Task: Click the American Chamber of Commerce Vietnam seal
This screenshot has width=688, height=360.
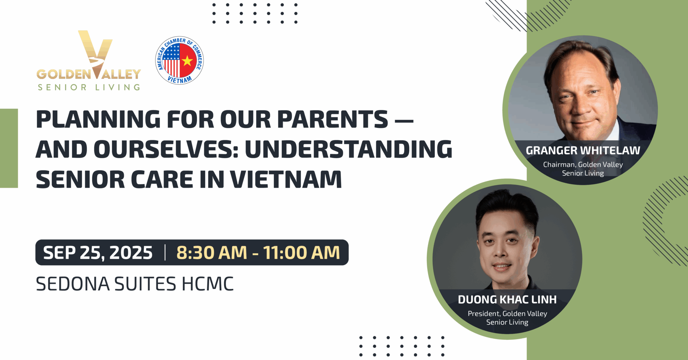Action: pyautogui.click(x=179, y=60)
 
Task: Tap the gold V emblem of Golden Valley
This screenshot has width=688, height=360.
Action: pyautogui.click(x=95, y=54)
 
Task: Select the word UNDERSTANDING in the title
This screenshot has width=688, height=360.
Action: pyautogui.click(x=349, y=149)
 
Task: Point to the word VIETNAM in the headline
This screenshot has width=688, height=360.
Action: pyautogui.click(x=286, y=179)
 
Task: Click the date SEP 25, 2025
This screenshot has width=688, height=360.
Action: pyautogui.click(x=98, y=253)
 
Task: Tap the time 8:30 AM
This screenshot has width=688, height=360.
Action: pyautogui.click(x=212, y=253)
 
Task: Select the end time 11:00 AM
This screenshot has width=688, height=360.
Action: pyautogui.click(x=301, y=253)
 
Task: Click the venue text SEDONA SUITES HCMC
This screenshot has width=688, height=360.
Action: pyautogui.click(x=135, y=284)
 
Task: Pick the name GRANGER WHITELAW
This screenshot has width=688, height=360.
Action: pyautogui.click(x=583, y=150)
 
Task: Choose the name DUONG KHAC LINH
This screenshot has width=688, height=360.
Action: pyautogui.click(x=507, y=300)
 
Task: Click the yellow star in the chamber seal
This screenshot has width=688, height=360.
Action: pyautogui.click(x=187, y=61)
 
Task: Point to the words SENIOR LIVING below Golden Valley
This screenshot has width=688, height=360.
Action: pyautogui.click(x=89, y=87)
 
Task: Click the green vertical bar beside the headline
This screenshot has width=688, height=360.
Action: pyautogui.click(x=9, y=148)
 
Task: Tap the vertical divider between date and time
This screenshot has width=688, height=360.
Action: pyautogui.click(x=165, y=253)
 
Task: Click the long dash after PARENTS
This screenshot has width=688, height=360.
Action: pyautogui.click(x=404, y=120)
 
